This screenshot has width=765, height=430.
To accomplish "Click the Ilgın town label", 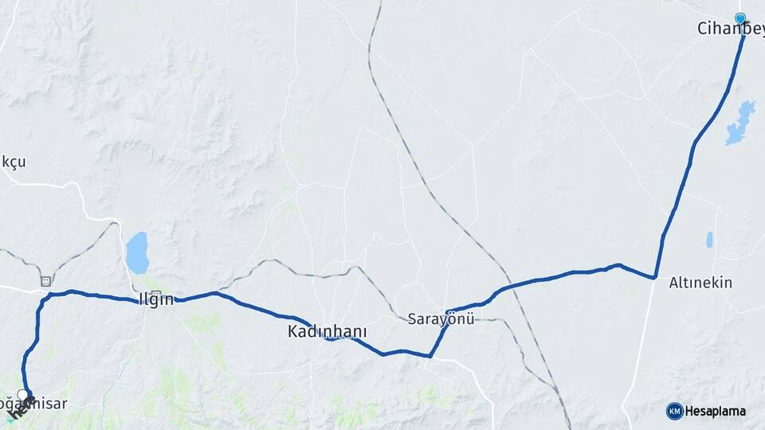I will pyautogui.click(x=156, y=302).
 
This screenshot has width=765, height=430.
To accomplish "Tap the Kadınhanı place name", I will pyautogui.click(x=321, y=330).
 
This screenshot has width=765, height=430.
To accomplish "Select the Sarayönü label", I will pyautogui.click(x=441, y=319).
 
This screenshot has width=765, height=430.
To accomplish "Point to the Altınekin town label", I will pyautogui.click(x=700, y=283).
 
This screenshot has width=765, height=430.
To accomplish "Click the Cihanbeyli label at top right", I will pyautogui.click(x=730, y=29).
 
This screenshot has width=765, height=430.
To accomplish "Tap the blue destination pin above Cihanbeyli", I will pyautogui.click(x=740, y=18).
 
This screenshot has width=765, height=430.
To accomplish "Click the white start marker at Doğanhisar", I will pyautogui.click(x=23, y=394).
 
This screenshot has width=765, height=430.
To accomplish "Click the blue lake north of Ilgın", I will pyautogui.click(x=137, y=253).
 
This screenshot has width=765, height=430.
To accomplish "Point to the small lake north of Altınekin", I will pyautogui.click(x=709, y=239).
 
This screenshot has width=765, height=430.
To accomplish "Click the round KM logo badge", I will pyautogui.click(x=674, y=411).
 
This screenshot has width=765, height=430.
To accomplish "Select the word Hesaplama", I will pyautogui.click(x=716, y=411).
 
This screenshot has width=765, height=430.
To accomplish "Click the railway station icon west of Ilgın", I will pyautogui.click(x=45, y=281).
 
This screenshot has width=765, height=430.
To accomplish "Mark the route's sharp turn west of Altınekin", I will pyautogui.click(x=654, y=277).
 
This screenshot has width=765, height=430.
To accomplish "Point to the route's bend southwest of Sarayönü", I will pyautogui.click(x=430, y=356).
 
